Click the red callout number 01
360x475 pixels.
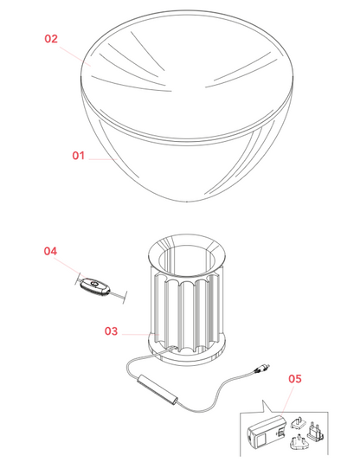pos(78,156)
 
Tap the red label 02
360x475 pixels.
pos(51,39)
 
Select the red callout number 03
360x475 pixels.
pos(111,331)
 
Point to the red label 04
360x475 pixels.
pos(50,251)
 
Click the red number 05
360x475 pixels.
pos(295,379)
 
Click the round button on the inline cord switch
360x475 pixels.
pos(93,284)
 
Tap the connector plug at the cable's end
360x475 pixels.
pos(261,369)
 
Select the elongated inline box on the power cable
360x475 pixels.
pos(157,389)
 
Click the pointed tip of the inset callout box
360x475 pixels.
pos(262,401)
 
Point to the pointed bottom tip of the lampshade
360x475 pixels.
pos(187,201)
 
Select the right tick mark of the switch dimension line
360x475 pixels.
pos(125,297)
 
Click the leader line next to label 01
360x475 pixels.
pos(103,159)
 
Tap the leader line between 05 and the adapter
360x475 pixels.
pos(287,400)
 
